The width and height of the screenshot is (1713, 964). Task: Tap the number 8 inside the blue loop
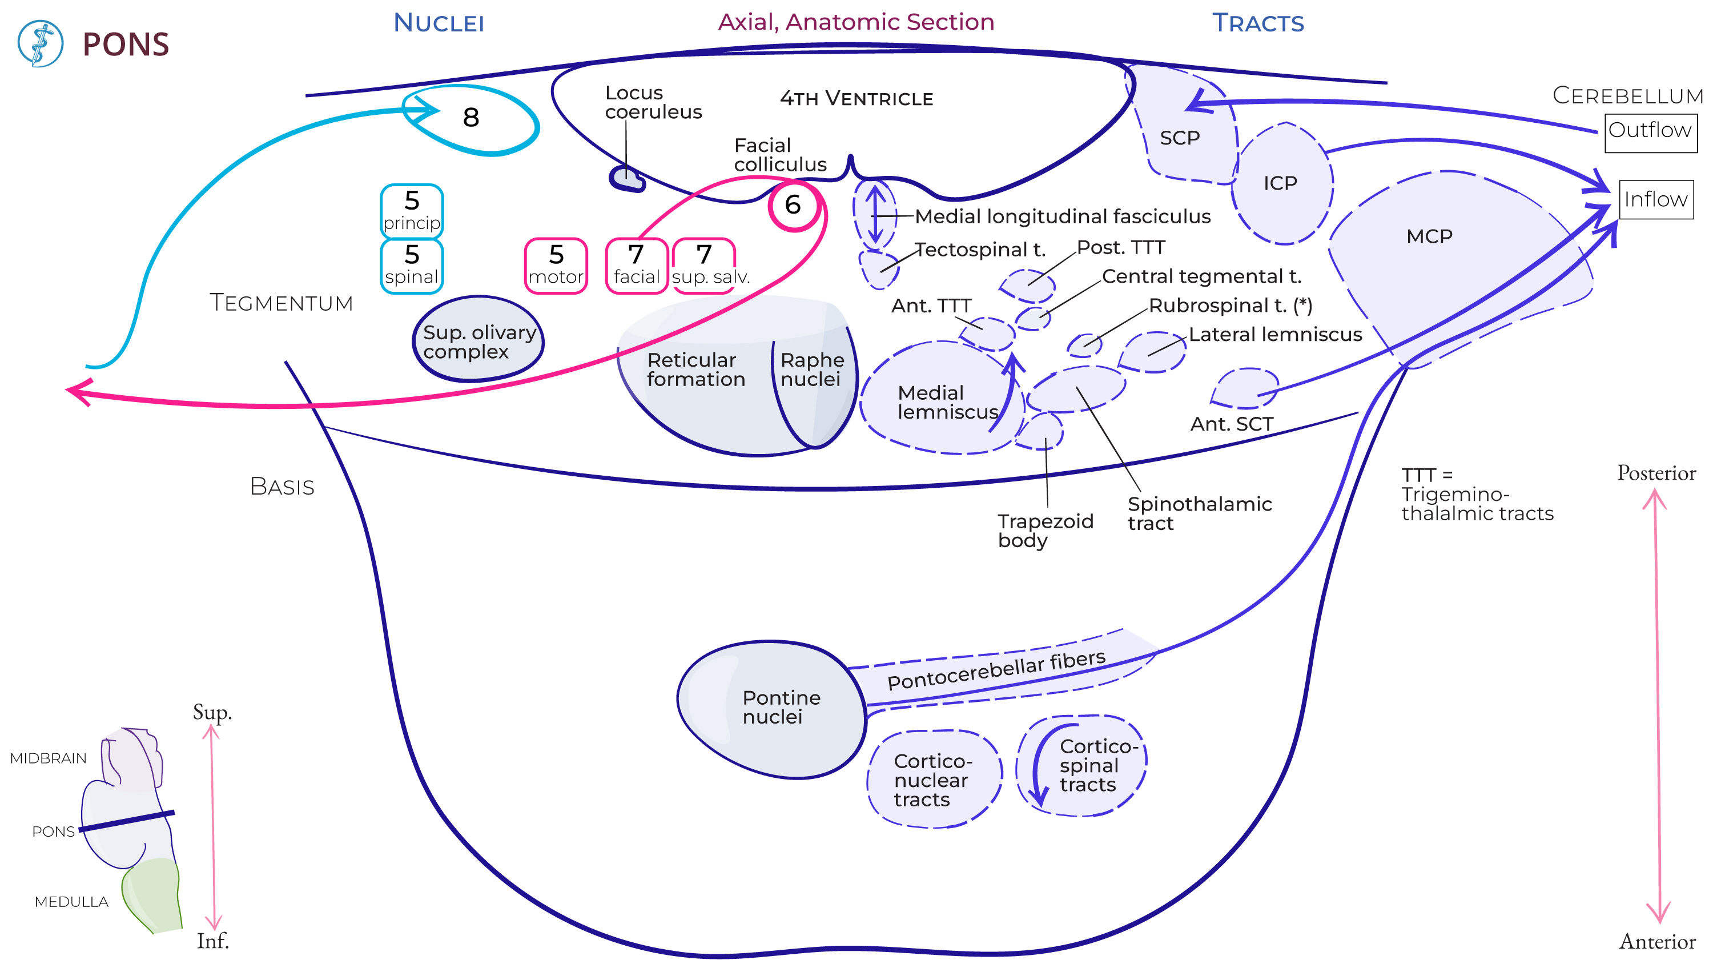pos(471,118)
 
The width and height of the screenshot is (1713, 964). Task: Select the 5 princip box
pos(412,211)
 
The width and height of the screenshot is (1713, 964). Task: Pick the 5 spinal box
pos(412,266)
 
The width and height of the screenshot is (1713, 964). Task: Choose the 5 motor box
pos(556,266)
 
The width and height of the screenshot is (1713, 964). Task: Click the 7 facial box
pos(637,266)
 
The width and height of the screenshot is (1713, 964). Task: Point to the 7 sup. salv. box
pos(705,266)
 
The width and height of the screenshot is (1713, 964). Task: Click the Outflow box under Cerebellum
pos(1650,131)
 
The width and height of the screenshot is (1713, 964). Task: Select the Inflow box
pos(1655,199)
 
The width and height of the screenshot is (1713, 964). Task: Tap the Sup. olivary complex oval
pos(478,339)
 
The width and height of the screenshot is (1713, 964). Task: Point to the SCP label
pos(1179,138)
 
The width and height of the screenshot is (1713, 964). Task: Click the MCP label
pos(1429,236)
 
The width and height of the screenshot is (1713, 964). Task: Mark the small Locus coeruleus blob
pos(626,178)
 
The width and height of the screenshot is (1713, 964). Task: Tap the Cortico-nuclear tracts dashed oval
pos(933,779)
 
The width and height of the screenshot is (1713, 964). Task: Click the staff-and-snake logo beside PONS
pos(41,43)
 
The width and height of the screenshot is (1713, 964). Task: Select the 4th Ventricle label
pos(856,98)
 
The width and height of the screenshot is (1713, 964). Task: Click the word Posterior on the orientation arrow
pos(1656,473)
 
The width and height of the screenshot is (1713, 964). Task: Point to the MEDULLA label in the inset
pos(71,901)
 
